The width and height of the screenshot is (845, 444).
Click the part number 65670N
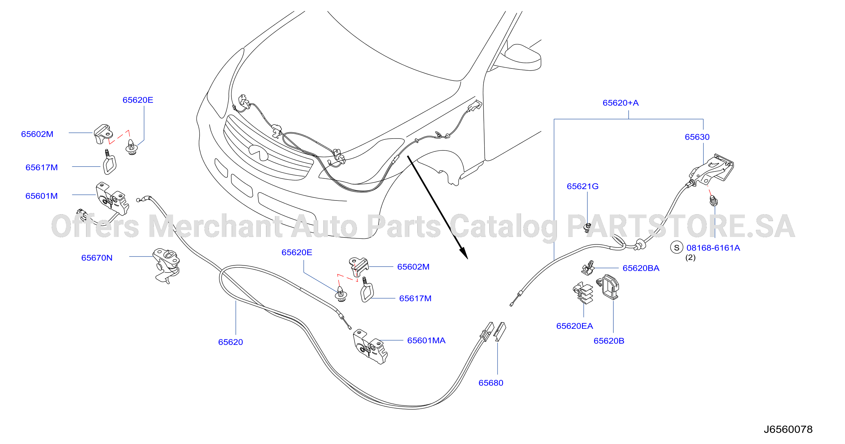coord(97,258)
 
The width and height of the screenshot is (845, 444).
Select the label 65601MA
coord(426,340)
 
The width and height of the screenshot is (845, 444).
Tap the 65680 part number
coord(491,383)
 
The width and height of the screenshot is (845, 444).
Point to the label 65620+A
coord(621,103)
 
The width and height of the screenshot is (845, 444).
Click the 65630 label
coord(697,137)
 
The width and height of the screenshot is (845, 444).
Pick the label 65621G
coord(583,186)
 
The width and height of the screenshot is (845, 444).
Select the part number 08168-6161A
coord(713,248)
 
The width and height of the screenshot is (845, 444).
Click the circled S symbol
coord(676,248)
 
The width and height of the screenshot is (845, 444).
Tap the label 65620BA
coord(641,268)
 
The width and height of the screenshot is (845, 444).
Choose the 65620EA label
coord(575,326)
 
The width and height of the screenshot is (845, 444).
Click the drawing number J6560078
coord(788,430)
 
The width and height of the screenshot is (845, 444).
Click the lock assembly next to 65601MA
coord(370,347)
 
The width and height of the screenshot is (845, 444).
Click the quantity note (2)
coord(690,258)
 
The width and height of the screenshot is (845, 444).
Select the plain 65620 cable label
coord(230,342)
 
